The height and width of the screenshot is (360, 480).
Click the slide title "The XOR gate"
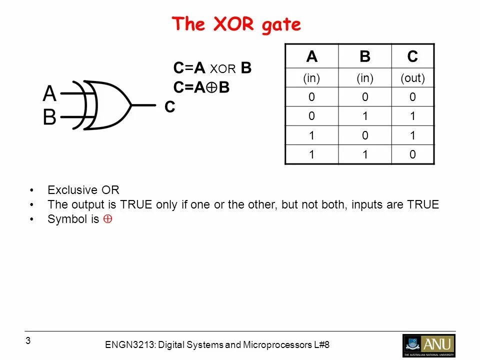tap(236, 24)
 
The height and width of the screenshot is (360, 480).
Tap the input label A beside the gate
tap(49, 93)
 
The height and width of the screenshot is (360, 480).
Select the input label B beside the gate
tap(49, 118)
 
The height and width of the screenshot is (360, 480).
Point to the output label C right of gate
tap(170, 107)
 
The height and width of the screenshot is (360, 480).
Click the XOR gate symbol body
tap(107, 105)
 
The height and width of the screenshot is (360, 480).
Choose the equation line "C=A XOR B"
tap(212, 68)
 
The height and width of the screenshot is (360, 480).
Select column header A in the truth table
tap(312, 57)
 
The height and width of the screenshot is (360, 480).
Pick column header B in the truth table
tap(365, 57)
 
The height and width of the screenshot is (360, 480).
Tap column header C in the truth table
tap(412, 57)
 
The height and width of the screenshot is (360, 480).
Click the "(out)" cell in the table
tap(412, 78)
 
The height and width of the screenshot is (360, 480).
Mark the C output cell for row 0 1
tap(412, 116)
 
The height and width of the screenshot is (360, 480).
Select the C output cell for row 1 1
tap(412, 154)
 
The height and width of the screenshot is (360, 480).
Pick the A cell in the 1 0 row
tap(312, 135)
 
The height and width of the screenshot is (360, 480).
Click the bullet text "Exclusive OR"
tap(83, 190)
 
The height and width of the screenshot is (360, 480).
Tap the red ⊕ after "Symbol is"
tap(107, 219)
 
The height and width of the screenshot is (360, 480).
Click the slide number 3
tap(28, 341)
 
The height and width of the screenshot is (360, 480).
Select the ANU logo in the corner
tap(428, 345)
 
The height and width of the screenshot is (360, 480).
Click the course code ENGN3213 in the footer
tap(126, 345)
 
